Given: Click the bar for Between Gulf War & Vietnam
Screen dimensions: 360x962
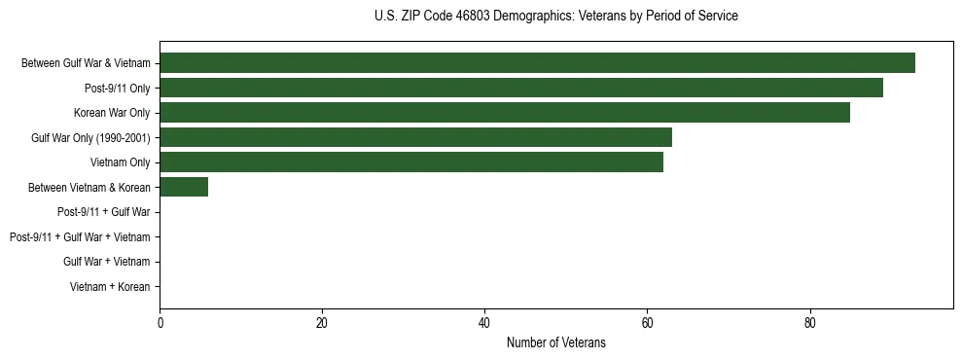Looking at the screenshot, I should tap(537, 63).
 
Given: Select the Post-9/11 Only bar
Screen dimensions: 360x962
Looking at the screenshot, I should tap(521, 88).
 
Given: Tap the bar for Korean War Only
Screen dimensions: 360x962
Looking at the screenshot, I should tap(505, 113).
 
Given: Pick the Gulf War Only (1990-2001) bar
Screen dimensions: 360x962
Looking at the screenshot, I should tap(415, 137).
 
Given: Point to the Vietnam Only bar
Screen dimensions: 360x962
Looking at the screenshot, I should tap(411, 162).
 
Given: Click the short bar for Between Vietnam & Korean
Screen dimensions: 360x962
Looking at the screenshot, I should tap(184, 187).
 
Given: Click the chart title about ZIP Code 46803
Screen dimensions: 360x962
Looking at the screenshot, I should tap(555, 17).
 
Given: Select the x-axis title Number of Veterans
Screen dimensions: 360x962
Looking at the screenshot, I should tap(555, 342).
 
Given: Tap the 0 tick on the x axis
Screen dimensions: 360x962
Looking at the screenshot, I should tap(160, 323).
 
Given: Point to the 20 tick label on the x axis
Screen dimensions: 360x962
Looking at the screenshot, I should tap(322, 323).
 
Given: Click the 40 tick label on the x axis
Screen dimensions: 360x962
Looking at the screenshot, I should tap(484, 323).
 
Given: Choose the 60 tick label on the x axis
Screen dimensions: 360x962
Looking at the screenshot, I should tap(647, 323).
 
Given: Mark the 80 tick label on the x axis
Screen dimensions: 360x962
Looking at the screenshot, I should tap(809, 323).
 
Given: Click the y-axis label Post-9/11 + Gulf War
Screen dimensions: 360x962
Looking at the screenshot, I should tap(104, 212).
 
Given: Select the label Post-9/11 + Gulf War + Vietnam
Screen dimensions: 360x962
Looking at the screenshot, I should tap(80, 236).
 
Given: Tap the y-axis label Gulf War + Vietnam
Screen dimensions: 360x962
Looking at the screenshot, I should tap(107, 262).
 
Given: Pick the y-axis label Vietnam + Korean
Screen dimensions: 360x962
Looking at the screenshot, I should tap(110, 286).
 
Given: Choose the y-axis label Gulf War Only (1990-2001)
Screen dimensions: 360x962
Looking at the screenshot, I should tap(90, 138).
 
